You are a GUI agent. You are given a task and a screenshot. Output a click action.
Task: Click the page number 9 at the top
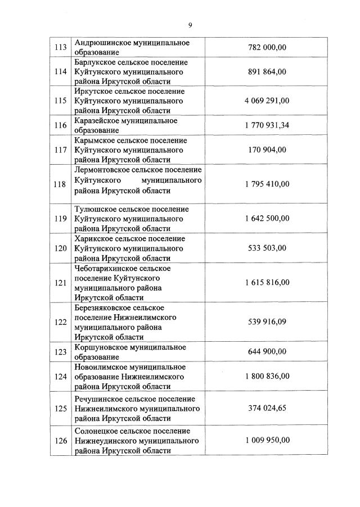(x=190, y=25)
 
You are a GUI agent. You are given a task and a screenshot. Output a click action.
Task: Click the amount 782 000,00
(x=267, y=48)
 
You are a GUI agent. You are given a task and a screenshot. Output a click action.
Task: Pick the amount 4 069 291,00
(x=267, y=101)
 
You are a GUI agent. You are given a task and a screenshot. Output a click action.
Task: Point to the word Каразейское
(x=97, y=121)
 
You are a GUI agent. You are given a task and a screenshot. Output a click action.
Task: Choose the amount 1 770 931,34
(x=267, y=125)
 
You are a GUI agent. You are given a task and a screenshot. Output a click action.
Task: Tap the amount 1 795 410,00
(x=267, y=184)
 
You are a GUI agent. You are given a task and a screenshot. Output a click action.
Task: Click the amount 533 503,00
(x=267, y=248)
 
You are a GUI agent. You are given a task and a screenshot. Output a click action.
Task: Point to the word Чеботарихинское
(x=107, y=269)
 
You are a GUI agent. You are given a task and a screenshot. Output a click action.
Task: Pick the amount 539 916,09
(x=267, y=322)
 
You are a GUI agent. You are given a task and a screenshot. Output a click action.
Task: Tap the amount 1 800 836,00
(x=267, y=376)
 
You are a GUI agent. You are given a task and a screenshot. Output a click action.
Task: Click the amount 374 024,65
(x=267, y=408)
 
